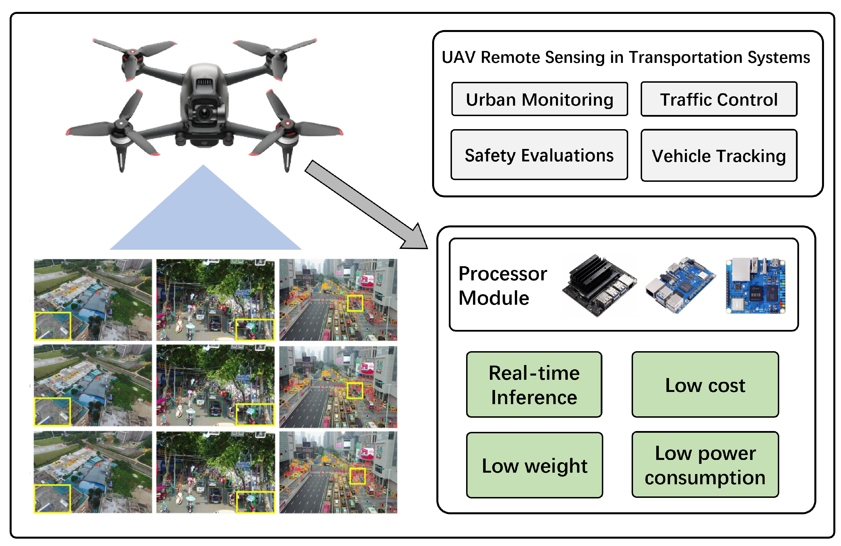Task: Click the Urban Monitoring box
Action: [x=540, y=99]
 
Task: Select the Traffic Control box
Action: [x=719, y=99]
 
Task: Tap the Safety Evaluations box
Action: [x=539, y=155]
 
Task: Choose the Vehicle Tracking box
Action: [x=719, y=156]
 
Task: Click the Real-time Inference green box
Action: [x=534, y=385]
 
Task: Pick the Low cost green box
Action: [x=705, y=385]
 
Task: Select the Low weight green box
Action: [x=534, y=465]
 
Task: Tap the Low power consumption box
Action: [x=705, y=465]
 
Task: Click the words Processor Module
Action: [x=502, y=285]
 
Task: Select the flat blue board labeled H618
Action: [x=755, y=286]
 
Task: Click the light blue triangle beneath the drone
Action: [x=205, y=219]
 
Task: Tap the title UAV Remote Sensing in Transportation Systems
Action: [x=625, y=57]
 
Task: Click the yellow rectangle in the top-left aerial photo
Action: [x=52, y=326]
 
